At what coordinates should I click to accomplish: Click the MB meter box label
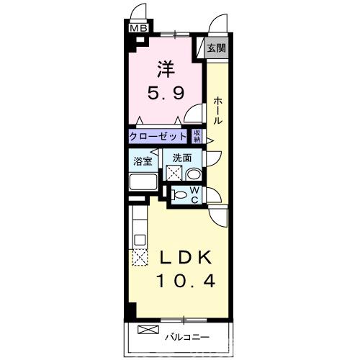point(139,28)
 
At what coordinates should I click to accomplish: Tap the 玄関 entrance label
point(217,48)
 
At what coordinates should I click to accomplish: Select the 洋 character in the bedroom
point(166,69)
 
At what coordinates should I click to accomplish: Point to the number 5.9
point(166,93)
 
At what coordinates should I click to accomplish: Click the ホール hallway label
point(218,111)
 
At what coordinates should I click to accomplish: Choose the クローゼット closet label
point(158,137)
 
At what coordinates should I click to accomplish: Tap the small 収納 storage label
point(197,136)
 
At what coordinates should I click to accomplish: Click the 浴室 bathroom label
point(143,161)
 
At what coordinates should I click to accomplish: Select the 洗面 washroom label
point(182,158)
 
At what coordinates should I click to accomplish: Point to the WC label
point(195,195)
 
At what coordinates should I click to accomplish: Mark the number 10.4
point(186,282)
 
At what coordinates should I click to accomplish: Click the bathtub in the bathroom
point(143,182)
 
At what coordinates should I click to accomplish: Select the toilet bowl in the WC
point(179,194)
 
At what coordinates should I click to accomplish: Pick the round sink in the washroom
point(194,174)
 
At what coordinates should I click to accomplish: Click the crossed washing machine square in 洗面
point(174,173)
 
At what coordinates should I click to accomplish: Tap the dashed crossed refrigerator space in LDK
point(140,258)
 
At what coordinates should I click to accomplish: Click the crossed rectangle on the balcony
point(148,330)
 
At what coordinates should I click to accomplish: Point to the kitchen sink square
point(140,240)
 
